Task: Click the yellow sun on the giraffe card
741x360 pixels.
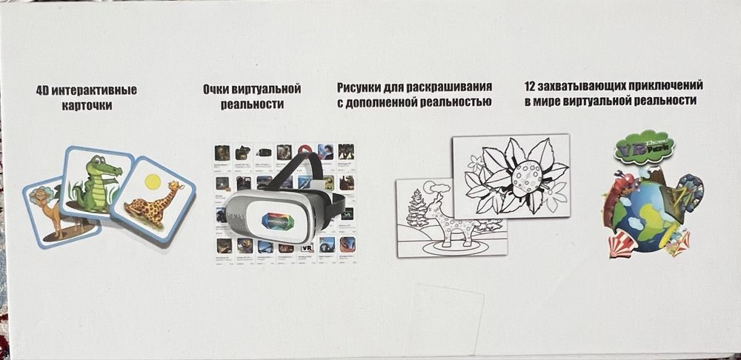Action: [153, 179]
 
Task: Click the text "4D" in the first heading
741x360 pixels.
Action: [44, 91]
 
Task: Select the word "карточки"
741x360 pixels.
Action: [87, 107]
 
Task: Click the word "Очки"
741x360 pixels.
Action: [216, 89]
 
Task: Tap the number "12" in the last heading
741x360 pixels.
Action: [530, 86]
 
